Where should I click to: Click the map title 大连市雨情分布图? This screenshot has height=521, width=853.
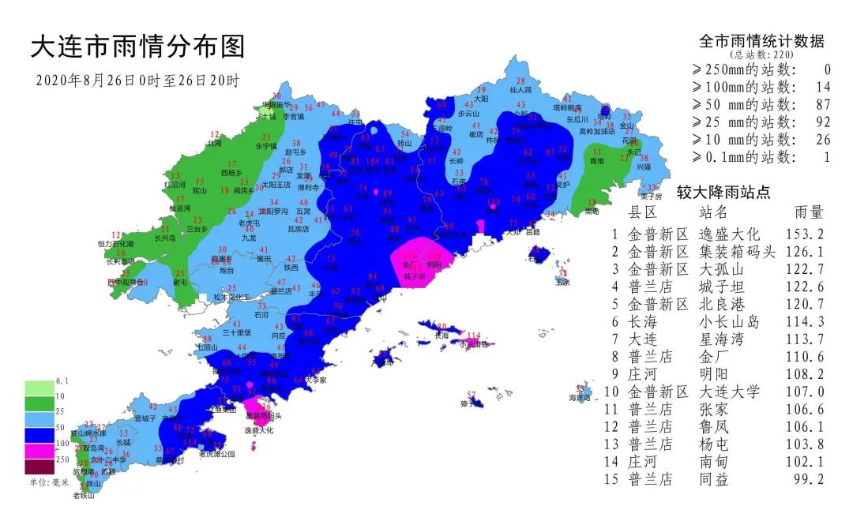click(x=137, y=47)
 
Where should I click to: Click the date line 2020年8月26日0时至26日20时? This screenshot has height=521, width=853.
click(x=137, y=81)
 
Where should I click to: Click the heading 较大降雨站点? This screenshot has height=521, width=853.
click(x=723, y=192)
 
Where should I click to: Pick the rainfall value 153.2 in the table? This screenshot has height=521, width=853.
click(x=806, y=234)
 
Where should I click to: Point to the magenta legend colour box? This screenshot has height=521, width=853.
click(x=37, y=451)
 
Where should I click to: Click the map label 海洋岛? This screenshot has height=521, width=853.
click(x=581, y=398)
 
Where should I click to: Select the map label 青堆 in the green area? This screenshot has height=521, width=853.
click(x=597, y=160)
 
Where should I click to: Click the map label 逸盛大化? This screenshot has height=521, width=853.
click(x=258, y=430)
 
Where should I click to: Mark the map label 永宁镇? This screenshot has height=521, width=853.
click(x=266, y=147)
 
